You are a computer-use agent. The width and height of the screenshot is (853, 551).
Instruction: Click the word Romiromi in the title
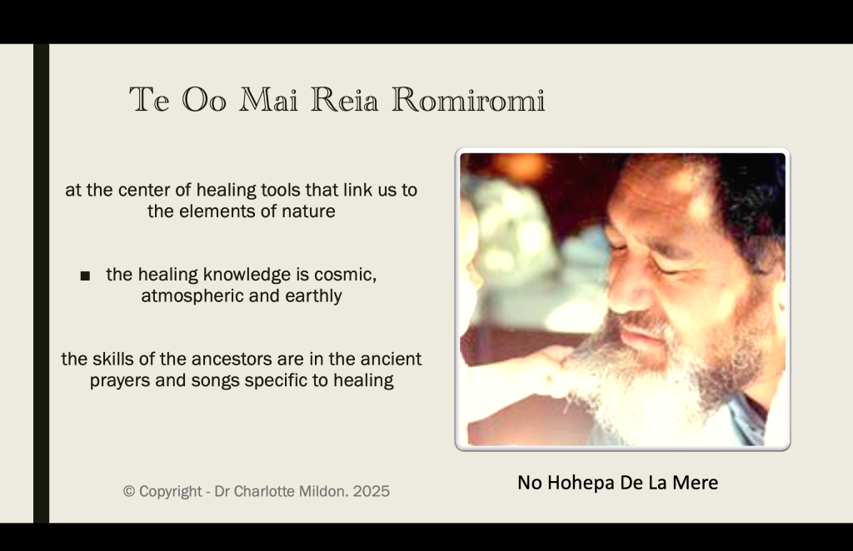(468, 100)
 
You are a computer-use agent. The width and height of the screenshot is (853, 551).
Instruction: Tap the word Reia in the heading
(344, 100)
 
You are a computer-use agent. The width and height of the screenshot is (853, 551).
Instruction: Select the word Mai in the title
(269, 100)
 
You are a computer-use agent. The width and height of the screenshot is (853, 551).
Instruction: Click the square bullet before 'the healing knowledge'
(85, 276)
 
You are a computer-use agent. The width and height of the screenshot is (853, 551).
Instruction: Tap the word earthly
(315, 296)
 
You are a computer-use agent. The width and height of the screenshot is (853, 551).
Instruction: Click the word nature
(308, 211)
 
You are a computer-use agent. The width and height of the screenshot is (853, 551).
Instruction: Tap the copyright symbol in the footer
(129, 491)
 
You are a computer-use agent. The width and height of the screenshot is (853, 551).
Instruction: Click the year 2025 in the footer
(371, 491)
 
